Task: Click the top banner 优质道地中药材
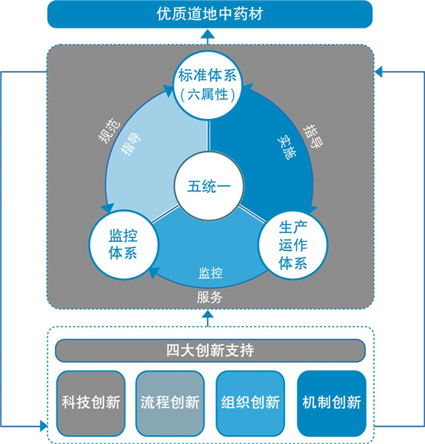pos(209,14)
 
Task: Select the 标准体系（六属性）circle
pos(208,85)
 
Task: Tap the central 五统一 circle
pos(209,186)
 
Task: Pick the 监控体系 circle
pos(124,244)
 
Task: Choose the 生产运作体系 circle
pos(293,246)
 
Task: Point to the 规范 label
pos(110,130)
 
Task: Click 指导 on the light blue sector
pos(131,144)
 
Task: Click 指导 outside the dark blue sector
pos(313,136)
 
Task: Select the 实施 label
pos(287,147)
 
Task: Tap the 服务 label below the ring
pos(209,297)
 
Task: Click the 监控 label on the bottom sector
pos(210,273)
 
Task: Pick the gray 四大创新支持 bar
pos(210,351)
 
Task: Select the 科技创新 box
pos(91,404)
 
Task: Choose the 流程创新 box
pos(170,404)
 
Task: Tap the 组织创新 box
pos(250,404)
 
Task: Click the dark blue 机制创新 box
pos(331,404)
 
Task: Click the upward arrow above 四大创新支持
pos(209,318)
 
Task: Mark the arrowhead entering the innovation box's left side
pos(43,425)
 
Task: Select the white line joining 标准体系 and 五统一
pos(209,136)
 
